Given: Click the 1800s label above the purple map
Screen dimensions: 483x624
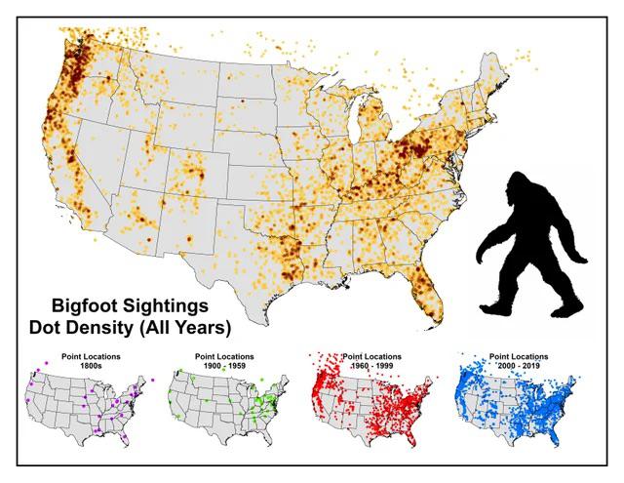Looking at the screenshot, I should pos(88,365).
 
